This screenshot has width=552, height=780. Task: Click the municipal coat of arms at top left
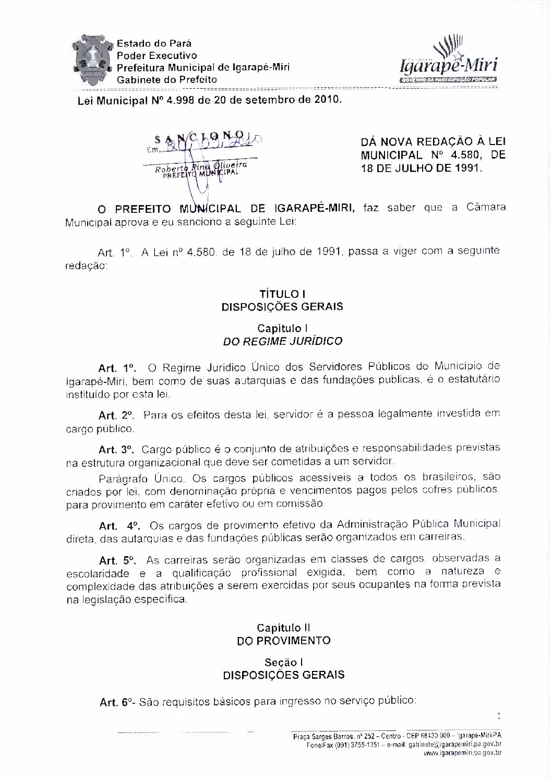pyautogui.click(x=92, y=59)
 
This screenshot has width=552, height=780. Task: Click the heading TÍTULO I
pyautogui.click(x=282, y=294)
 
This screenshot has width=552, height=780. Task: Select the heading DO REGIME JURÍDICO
pyautogui.click(x=282, y=341)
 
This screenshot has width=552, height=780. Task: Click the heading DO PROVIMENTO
pyautogui.click(x=282, y=640)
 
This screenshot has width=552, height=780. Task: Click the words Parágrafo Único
pyautogui.click(x=139, y=478)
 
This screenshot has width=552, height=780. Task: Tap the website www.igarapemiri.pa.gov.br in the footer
pyautogui.click(x=462, y=753)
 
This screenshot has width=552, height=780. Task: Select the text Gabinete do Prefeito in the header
pyautogui.click(x=166, y=80)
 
